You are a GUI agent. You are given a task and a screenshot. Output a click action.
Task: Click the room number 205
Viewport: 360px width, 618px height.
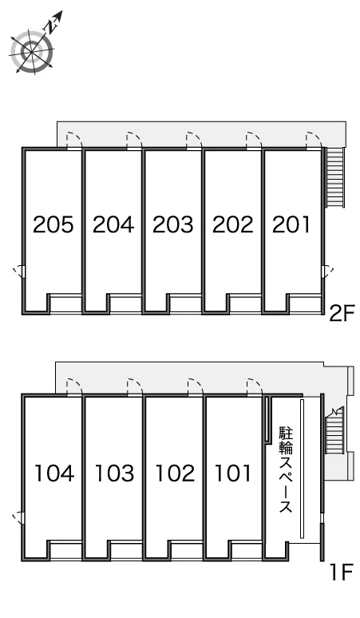[53, 224]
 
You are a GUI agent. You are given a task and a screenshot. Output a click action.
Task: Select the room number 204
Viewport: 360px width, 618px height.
[113, 224]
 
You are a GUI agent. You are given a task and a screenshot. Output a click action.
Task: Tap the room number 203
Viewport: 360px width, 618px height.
[173, 224]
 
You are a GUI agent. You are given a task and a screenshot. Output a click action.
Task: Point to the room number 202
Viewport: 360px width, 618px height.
[233, 224]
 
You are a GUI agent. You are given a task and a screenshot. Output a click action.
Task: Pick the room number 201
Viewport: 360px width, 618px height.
[291, 224]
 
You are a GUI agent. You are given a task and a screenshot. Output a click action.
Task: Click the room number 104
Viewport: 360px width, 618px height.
[54, 473]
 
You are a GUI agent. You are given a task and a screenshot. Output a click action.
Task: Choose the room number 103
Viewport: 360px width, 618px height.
[115, 473]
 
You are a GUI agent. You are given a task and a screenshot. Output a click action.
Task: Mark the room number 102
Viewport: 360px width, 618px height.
[175, 473]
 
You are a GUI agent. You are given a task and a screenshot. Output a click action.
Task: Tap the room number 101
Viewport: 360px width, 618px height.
[233, 473]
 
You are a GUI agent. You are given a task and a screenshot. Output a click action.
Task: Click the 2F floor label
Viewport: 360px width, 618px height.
[340, 314]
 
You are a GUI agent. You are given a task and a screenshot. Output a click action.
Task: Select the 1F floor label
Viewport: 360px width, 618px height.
[341, 572]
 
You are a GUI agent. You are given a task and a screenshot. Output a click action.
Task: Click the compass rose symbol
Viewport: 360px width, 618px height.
[33, 47]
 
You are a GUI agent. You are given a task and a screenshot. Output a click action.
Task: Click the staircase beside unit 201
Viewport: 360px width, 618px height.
[335, 177]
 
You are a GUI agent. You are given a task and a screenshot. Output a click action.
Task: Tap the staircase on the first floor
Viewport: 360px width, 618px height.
[334, 431]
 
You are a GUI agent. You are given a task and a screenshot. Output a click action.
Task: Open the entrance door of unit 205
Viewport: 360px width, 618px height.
[73, 141]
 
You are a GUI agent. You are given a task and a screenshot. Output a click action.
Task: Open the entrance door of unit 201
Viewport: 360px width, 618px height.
[314, 141]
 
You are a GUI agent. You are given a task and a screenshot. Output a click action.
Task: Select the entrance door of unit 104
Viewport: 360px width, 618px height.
[73, 387]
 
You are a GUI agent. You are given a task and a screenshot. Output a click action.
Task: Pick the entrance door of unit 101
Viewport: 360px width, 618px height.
[254, 387]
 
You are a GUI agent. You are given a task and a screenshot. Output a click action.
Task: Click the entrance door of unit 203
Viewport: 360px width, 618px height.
[194, 141]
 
